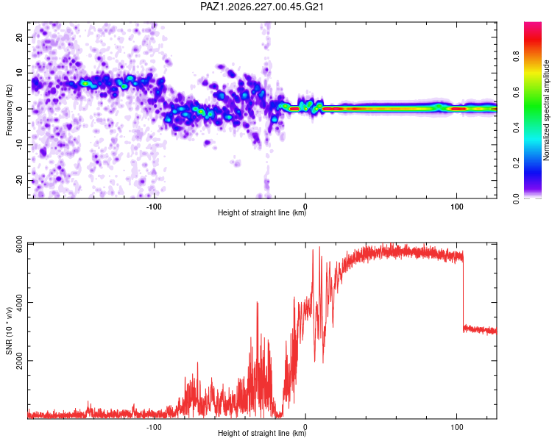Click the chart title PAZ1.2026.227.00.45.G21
point(261,7)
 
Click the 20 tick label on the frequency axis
point(20,37)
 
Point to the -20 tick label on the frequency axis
point(20,180)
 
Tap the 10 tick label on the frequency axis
point(20,73)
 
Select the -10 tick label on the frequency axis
point(20,145)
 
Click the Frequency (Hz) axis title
point(9,110)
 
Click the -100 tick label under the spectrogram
point(154,207)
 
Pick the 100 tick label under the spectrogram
point(456,207)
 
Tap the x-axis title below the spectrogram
point(262,212)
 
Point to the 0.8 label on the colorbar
point(516,57)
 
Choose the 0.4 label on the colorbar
point(516,128)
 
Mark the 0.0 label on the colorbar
point(516,198)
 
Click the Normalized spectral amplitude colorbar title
point(546,110)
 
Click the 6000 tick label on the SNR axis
point(20,244)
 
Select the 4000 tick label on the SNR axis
point(20,302)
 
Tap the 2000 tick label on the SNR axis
point(20,361)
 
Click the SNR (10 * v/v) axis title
point(9,331)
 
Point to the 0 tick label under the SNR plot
point(305,427)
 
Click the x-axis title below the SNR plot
point(262,433)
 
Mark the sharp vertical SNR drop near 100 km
point(463,292)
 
